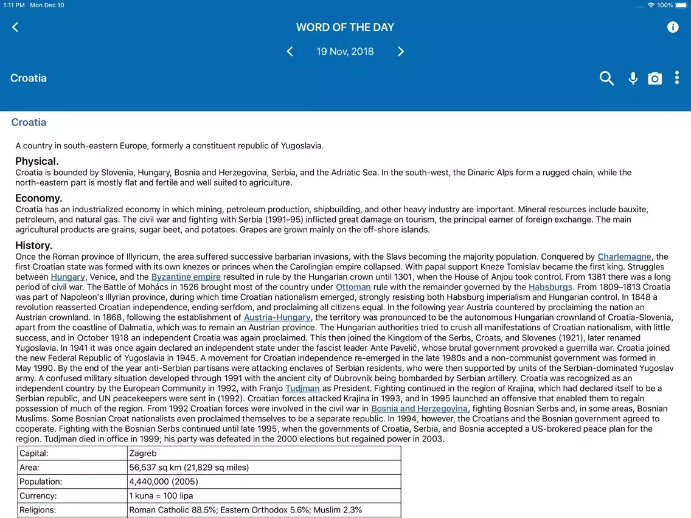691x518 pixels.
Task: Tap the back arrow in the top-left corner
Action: tap(15, 27)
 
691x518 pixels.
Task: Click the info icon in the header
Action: tap(673, 27)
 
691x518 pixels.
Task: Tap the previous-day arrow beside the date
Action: tap(290, 52)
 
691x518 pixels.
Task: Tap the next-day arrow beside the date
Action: tap(401, 52)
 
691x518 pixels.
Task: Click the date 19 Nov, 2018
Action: tap(345, 52)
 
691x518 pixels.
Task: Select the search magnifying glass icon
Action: tap(606, 78)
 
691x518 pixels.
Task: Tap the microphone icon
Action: tap(633, 78)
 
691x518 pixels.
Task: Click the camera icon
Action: tap(655, 78)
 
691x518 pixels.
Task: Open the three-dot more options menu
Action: tap(676, 78)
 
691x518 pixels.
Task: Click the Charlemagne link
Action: tap(624, 257)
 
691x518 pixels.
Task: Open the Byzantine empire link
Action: tap(186, 277)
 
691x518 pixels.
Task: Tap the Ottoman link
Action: tap(353, 287)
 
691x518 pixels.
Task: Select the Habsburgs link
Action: tap(550, 287)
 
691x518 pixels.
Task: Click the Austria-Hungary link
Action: tap(277, 317)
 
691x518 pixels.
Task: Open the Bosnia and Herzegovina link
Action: tap(420, 409)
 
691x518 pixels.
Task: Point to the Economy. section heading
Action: tap(39, 198)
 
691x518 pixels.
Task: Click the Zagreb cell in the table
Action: tap(143, 453)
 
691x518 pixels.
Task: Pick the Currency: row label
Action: tap(38, 496)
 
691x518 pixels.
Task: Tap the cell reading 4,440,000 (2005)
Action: tap(164, 482)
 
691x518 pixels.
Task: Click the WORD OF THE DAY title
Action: tap(345, 27)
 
